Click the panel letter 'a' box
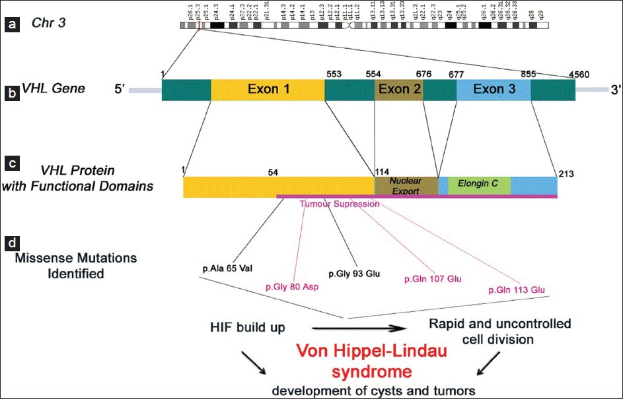point(11,26)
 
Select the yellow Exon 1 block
point(268,90)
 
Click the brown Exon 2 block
point(399,90)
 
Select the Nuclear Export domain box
point(406,185)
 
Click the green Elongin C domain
point(479,186)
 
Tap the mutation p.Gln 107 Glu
point(432,278)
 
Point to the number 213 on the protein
point(566,175)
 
